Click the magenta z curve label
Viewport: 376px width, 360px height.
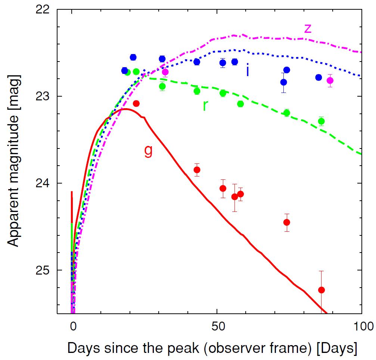coord(307,28)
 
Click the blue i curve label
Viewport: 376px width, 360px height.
coord(247,70)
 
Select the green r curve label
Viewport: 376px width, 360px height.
coord(205,106)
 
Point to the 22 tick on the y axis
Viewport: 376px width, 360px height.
coord(43,9)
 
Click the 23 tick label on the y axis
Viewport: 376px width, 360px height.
coord(43,96)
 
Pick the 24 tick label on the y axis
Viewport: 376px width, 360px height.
coord(43,183)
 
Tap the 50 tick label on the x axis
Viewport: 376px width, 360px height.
coord(217,326)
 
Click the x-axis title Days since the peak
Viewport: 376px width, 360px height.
coord(212,348)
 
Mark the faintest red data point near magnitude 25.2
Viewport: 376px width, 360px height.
coord(321,290)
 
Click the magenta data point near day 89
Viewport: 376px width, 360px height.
coord(330,81)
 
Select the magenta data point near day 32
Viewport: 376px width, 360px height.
coord(165,72)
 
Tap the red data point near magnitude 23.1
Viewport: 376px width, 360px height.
coord(136,103)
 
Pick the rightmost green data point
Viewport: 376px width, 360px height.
coord(321,121)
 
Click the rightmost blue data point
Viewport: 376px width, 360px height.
coord(318,77)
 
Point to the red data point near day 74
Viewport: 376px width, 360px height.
coord(287,222)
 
